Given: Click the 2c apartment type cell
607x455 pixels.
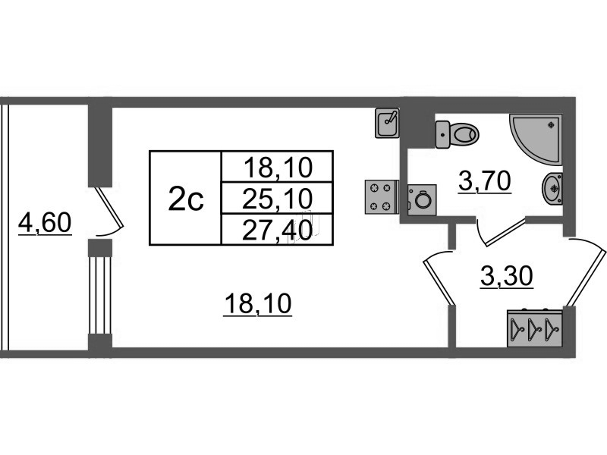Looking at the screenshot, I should pos(185,199).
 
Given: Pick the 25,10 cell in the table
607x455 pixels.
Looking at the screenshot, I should pos(277,199).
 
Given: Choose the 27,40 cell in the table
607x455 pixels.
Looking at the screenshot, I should pos(277,230).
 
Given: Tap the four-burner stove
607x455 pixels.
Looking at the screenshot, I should pos(382,196).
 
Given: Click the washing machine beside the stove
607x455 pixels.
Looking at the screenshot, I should pos(421,200).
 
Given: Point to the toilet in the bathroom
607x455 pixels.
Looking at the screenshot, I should pos(460,134).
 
